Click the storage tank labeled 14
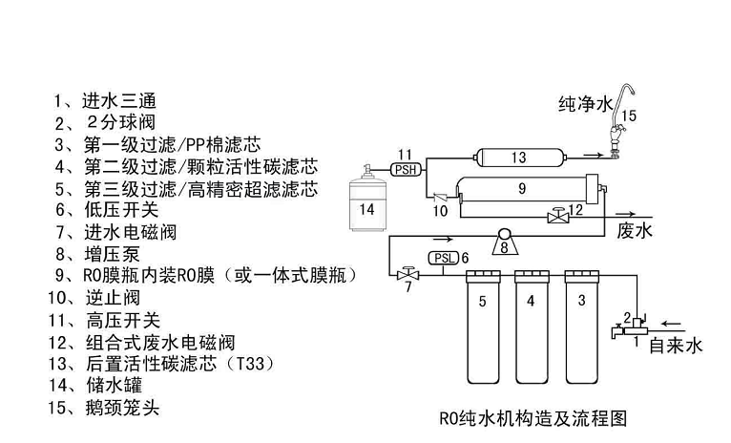(369, 203)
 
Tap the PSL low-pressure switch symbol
(444, 258)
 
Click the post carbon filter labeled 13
(516, 157)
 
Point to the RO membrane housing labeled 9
(522, 189)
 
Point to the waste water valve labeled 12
(558, 216)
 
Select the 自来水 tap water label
(675, 345)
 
